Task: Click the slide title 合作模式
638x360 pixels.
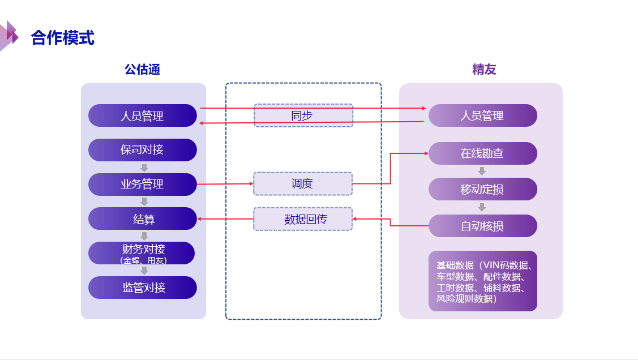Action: point(62,38)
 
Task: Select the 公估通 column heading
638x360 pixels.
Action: point(142,70)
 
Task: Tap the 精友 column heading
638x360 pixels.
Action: point(484,70)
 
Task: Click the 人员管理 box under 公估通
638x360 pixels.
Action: point(142,115)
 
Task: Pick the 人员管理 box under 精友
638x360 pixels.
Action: point(482,115)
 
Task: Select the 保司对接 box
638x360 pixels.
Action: point(142,150)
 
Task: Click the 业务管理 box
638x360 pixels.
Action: point(142,184)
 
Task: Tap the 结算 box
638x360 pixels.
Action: point(142,218)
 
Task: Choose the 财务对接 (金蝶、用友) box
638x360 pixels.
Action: point(142,253)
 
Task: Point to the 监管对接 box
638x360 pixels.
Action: point(142,288)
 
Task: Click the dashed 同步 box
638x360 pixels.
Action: point(303,115)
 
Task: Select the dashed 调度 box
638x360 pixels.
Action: point(303,184)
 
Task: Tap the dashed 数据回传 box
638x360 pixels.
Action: point(303,219)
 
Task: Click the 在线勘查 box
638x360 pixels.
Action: point(482,153)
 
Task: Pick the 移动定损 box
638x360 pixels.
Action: point(482,189)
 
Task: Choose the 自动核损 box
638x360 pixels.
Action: point(482,226)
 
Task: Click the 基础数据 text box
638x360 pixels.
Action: point(482,281)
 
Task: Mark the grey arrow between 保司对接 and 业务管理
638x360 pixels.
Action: point(144,168)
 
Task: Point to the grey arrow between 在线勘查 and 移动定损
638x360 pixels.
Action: point(482,171)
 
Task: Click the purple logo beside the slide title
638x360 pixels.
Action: point(9,36)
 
